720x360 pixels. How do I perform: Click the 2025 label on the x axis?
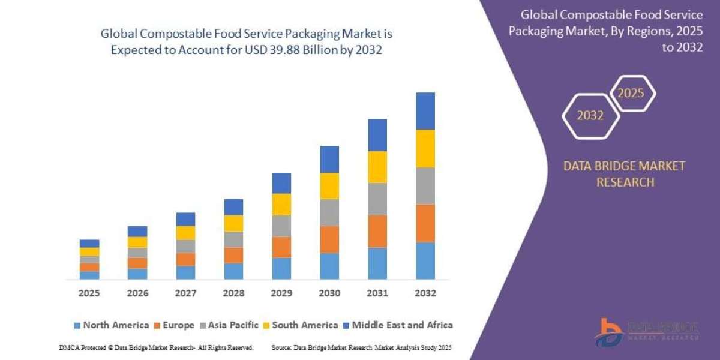89,293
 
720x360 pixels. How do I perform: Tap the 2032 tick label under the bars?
425,293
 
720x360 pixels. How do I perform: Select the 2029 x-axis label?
281,293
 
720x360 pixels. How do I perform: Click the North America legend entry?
111,325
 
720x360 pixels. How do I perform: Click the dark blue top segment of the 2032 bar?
425,111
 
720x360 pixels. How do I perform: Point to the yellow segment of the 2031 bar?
377,167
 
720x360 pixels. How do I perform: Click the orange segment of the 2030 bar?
329,239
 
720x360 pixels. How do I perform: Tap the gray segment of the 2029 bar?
281,226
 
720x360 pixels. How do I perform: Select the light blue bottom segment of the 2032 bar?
425,260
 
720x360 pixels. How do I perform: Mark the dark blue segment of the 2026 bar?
137,231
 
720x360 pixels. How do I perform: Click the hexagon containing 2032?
590,116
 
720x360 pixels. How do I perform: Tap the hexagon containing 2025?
631,94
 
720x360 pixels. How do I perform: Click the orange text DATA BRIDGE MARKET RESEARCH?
624,174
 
